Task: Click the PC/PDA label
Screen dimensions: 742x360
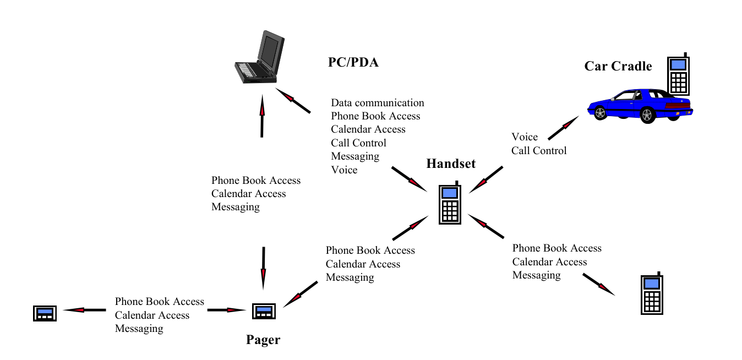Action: click(353, 62)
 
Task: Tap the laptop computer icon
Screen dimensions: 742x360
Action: click(260, 57)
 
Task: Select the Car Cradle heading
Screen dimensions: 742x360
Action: click(618, 66)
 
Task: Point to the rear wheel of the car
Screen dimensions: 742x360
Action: click(647, 115)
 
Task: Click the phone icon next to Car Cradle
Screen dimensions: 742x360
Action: click(678, 74)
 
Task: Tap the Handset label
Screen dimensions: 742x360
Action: click(451, 163)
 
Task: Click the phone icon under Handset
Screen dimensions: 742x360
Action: click(450, 203)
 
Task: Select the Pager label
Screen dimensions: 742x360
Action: click(263, 340)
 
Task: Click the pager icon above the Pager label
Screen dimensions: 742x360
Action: click(264, 312)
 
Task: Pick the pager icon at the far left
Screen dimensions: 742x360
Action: click(45, 313)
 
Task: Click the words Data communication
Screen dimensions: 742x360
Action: click(378, 103)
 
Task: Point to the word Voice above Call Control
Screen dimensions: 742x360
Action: click(525, 137)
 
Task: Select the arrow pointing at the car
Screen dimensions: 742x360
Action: click(564, 128)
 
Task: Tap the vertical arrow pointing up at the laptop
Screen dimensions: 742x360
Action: click(262, 116)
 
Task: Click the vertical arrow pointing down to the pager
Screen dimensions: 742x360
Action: click(263, 268)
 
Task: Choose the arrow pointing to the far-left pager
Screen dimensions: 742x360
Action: click(84, 310)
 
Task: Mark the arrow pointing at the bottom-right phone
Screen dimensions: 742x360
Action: click(599, 284)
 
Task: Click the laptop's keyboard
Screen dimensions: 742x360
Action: click(247, 69)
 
